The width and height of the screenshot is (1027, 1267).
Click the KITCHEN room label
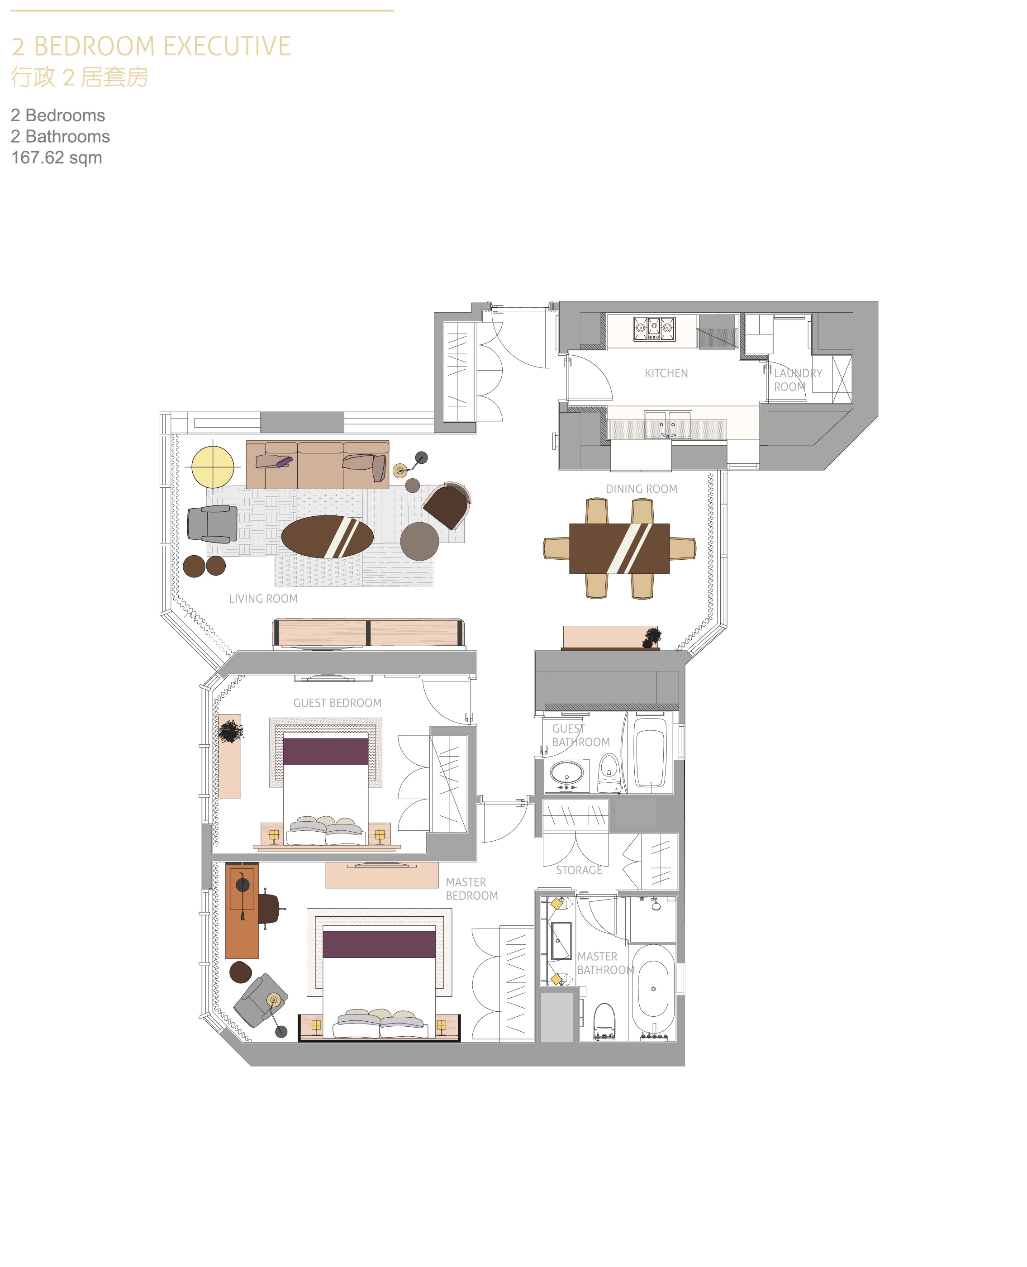click(666, 373)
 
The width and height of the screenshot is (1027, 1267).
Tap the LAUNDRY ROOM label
click(798, 380)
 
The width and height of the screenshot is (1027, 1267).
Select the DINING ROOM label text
click(641, 489)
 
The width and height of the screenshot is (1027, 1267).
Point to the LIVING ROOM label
click(263, 598)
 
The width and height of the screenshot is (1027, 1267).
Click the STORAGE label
click(579, 870)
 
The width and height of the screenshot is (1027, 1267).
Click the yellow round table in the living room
click(213, 467)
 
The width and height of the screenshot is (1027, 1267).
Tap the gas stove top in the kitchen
click(654, 329)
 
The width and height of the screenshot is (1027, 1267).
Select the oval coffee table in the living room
click(327, 537)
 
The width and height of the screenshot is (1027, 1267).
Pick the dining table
click(619, 548)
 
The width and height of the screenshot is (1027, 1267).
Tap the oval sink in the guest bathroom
click(567, 773)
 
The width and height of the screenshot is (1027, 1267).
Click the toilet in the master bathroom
click(604, 1021)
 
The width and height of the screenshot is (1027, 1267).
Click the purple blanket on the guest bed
click(326, 751)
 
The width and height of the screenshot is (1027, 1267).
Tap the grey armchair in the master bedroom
click(260, 1000)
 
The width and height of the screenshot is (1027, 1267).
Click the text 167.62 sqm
click(57, 157)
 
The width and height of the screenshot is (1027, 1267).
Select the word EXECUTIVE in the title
click(227, 46)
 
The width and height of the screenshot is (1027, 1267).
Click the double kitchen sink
click(668, 425)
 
